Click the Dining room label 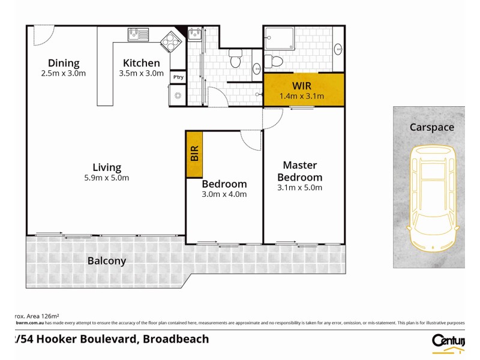click(x=64, y=63)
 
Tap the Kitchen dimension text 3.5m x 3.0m click(x=142, y=74)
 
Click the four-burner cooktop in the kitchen click(x=170, y=41)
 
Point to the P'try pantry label click(x=178, y=77)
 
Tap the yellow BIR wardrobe click(x=194, y=154)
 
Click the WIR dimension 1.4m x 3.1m click(x=302, y=96)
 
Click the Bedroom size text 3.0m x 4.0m click(x=224, y=194)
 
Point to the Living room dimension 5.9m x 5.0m click(x=107, y=178)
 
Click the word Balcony click(x=107, y=261)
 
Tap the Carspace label click(x=431, y=127)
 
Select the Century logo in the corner click(x=448, y=341)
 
